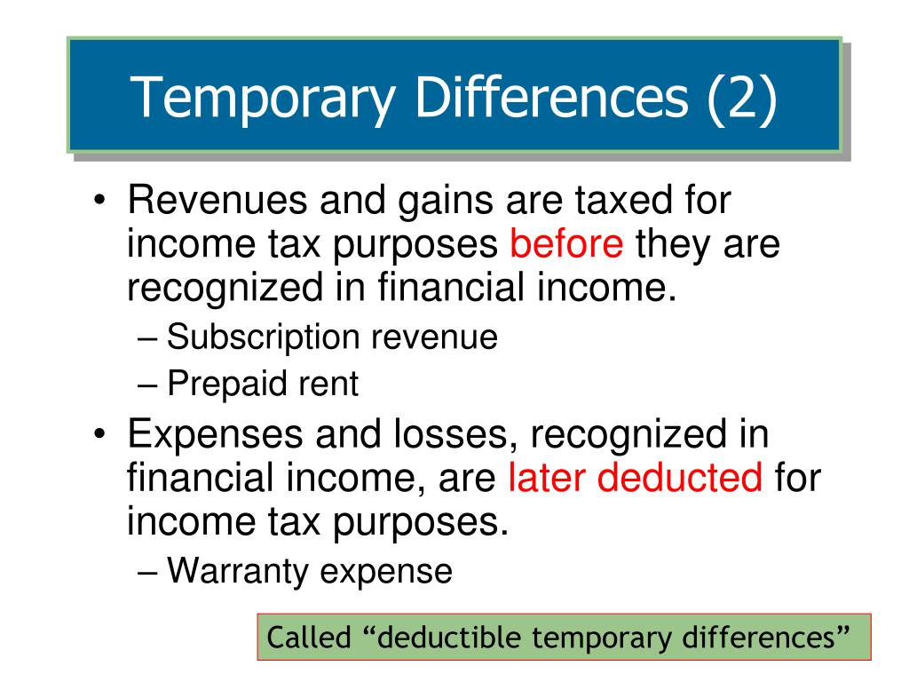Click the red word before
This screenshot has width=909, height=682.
pyautogui.click(x=566, y=243)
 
